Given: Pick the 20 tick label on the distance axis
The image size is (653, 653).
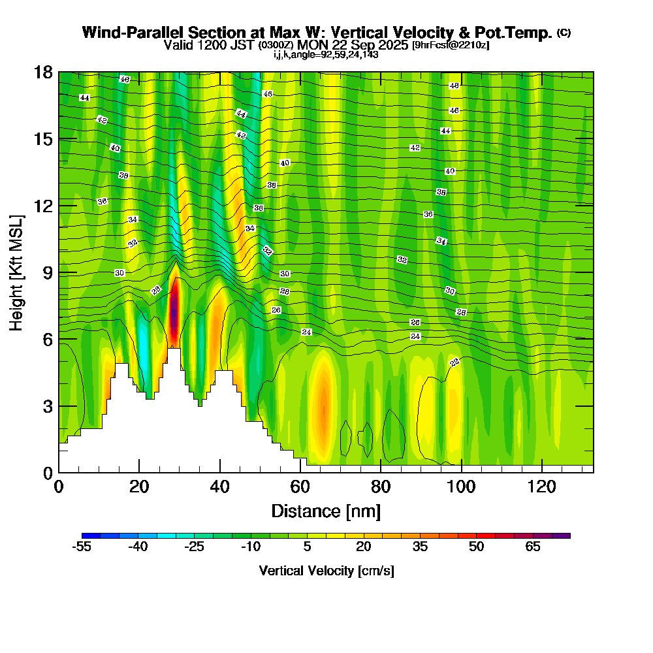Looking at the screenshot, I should pyautogui.click(x=139, y=486).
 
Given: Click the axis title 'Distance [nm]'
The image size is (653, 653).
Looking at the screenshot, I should pyautogui.click(x=326, y=511).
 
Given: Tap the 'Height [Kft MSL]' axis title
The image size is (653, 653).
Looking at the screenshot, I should pyautogui.click(x=16, y=272).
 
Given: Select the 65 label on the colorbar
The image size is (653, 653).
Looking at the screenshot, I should pyautogui.click(x=533, y=547).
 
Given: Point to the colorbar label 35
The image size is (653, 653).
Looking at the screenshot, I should pyautogui.click(x=420, y=547).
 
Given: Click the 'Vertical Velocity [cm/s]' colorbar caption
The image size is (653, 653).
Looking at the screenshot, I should pyautogui.click(x=326, y=571).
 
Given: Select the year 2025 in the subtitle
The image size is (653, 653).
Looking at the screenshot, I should pyautogui.click(x=391, y=45).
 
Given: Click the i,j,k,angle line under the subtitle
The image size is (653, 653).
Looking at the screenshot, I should pyautogui.click(x=326, y=54).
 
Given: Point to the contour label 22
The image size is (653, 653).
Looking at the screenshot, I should pyautogui.click(x=455, y=362).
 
